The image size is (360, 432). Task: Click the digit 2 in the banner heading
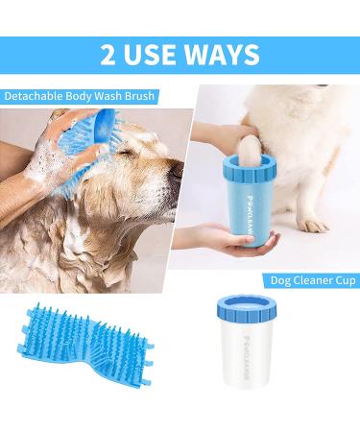[x=108, y=55]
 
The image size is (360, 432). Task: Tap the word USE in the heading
[x=151, y=55]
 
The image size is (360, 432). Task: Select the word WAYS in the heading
[x=223, y=55]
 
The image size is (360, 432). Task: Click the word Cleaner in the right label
[x=311, y=280]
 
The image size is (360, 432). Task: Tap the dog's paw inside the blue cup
[x=250, y=151]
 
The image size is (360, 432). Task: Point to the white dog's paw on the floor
[x=315, y=226]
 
